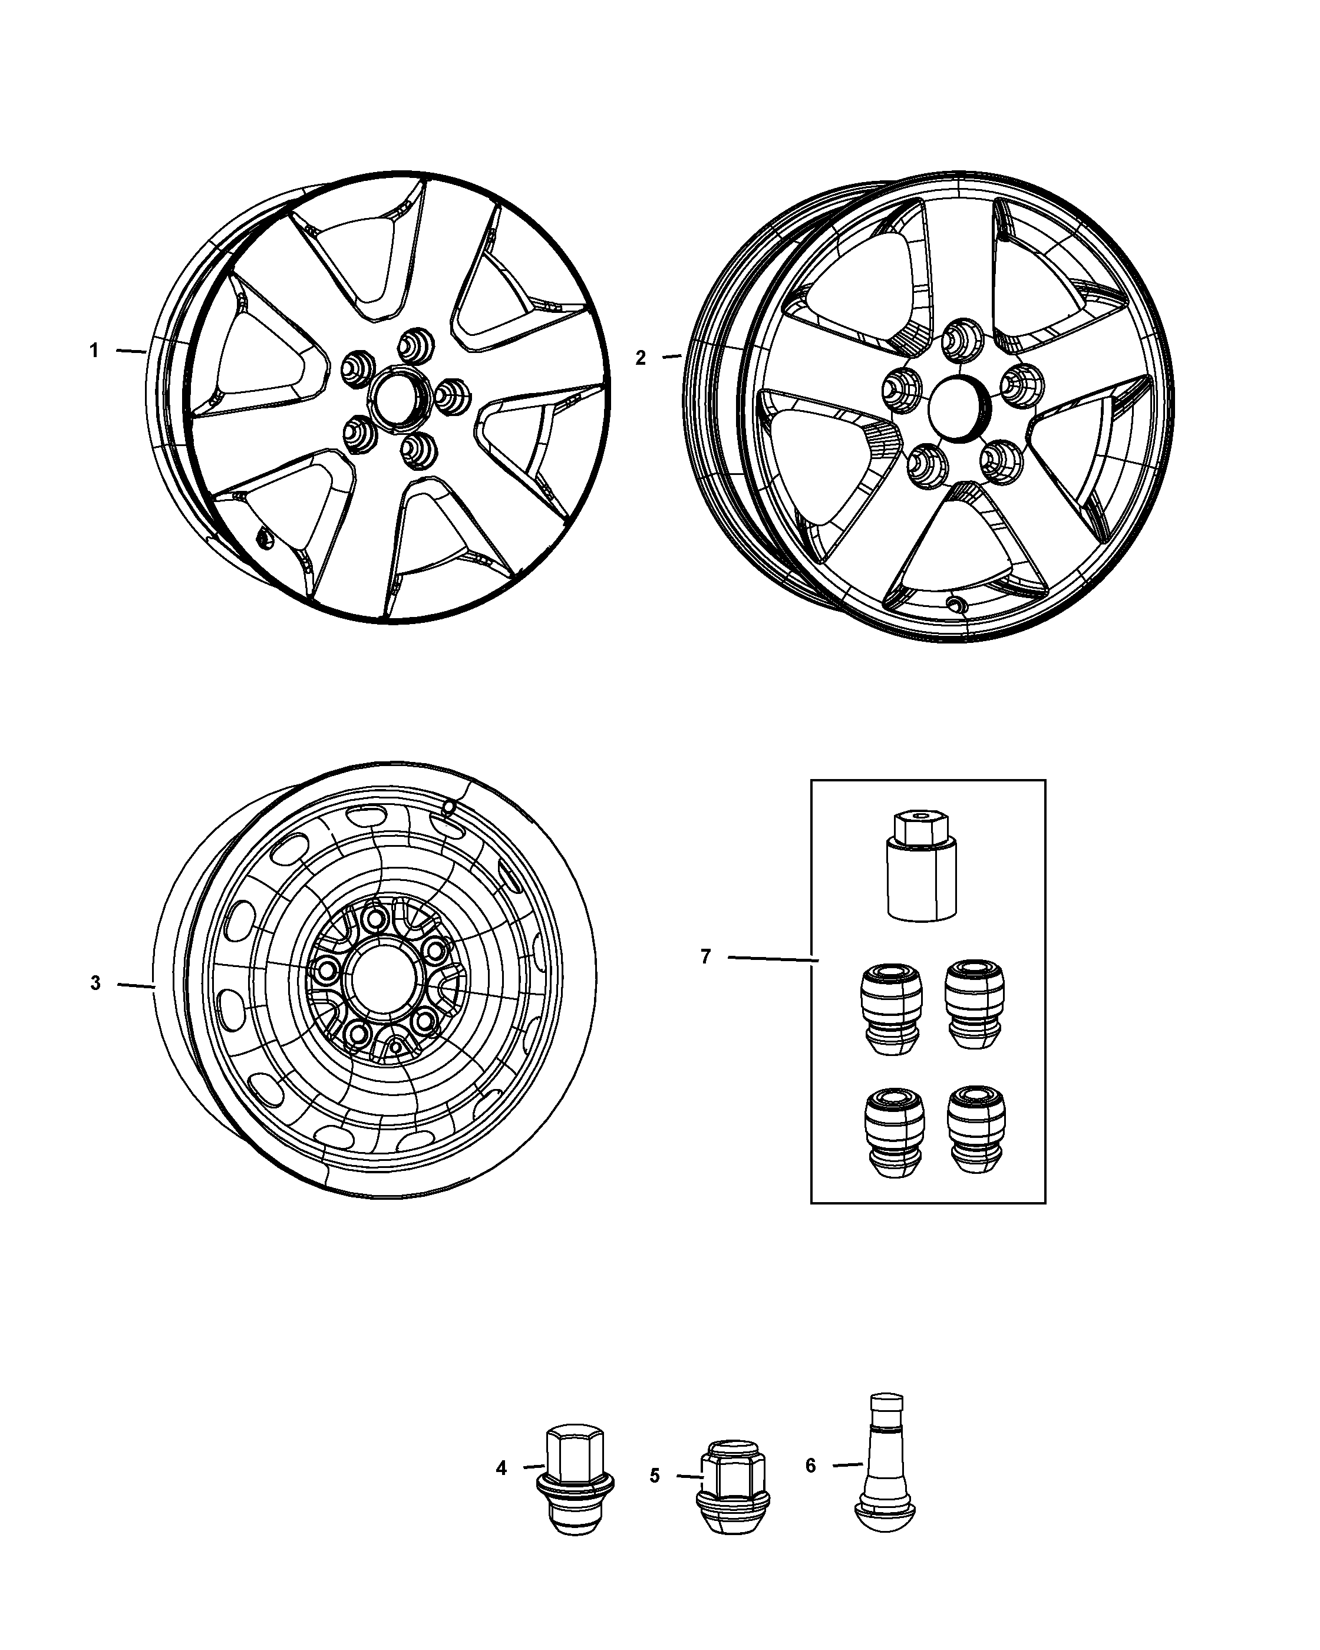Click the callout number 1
pyautogui.click(x=94, y=351)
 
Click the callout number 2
pyautogui.click(x=641, y=357)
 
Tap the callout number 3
pyautogui.click(x=95, y=983)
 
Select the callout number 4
pyautogui.click(x=501, y=1468)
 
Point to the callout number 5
pyautogui.click(x=654, y=1476)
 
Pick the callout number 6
pyautogui.click(x=811, y=1465)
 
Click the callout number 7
pyautogui.click(x=705, y=956)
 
